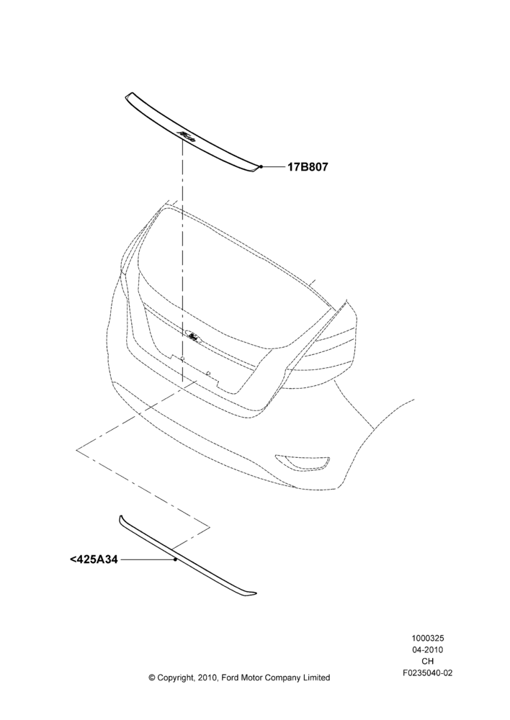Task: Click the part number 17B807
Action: pos(308,167)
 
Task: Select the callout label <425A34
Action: pos(94,559)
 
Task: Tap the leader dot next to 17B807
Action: pos(261,167)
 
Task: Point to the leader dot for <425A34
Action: pos(175,559)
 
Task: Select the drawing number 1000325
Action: pos(427,638)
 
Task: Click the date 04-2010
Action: pos(427,649)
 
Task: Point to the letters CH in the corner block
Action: pos(427,661)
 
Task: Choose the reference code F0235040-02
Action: pos(427,673)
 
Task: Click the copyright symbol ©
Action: pos(152,678)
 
